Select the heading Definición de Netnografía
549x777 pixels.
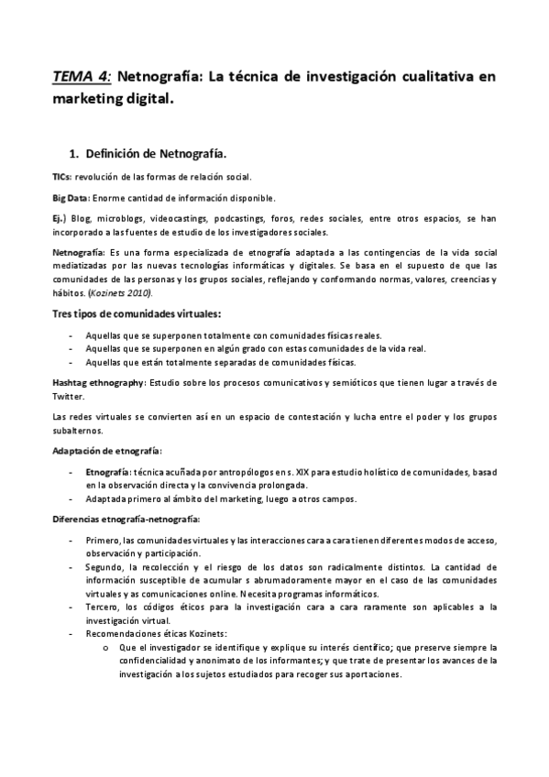157,153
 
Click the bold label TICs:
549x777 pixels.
63,176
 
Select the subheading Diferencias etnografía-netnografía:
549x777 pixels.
126,520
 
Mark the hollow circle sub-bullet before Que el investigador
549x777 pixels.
109,647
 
